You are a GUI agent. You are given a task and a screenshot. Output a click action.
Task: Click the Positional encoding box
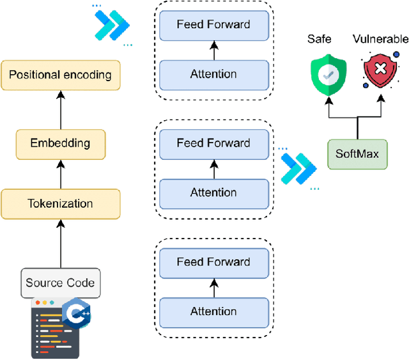[x=60, y=75]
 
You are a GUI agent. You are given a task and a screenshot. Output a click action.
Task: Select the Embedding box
[x=60, y=143]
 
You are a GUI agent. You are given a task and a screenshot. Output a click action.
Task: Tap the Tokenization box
[x=60, y=204]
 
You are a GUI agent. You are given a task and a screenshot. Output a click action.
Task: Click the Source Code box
[x=60, y=283]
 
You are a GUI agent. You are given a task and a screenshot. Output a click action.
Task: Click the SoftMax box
[x=357, y=154]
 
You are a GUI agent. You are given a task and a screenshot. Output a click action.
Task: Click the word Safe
[x=319, y=40]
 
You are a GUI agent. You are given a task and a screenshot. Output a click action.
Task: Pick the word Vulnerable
[x=380, y=40]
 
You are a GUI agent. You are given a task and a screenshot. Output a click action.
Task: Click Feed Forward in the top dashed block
[x=213, y=25]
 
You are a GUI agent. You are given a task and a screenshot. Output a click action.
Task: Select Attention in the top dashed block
[x=213, y=74]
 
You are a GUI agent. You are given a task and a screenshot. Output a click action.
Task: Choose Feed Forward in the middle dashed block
[x=213, y=143]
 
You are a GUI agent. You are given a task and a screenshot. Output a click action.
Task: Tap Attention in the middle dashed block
[x=213, y=192]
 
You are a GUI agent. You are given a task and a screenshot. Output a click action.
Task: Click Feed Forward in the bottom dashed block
[x=213, y=262]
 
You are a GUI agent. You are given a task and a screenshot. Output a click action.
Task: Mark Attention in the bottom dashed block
[x=213, y=311]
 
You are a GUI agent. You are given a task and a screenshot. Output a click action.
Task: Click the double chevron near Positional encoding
[x=111, y=25]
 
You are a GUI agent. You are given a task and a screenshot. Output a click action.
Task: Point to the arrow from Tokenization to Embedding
[x=60, y=173]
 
